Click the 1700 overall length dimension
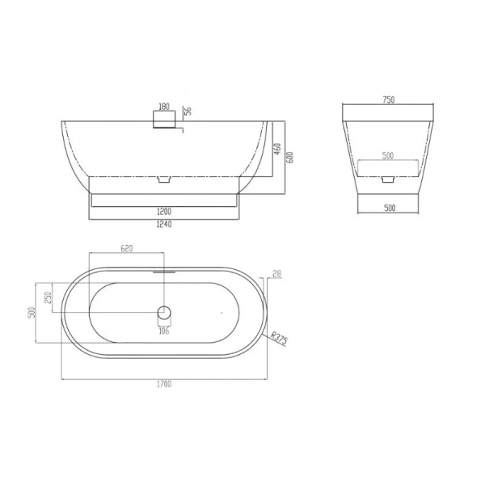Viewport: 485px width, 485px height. pyautogui.click(x=164, y=384)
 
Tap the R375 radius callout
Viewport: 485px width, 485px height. pyautogui.click(x=279, y=338)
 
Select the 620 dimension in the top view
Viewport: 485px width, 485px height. pyautogui.click(x=127, y=248)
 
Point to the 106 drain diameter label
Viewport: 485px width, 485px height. pyautogui.click(x=164, y=331)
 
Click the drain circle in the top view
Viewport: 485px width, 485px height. pyautogui.click(x=164, y=312)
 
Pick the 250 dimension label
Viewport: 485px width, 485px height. pyautogui.click(x=48, y=297)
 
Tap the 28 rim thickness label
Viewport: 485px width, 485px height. pyautogui.click(x=276, y=273)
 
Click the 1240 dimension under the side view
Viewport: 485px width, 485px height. pyautogui.click(x=164, y=224)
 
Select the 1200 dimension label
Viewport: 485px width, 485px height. pyautogui.click(x=164, y=212)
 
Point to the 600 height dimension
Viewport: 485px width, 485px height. pyautogui.click(x=290, y=158)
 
